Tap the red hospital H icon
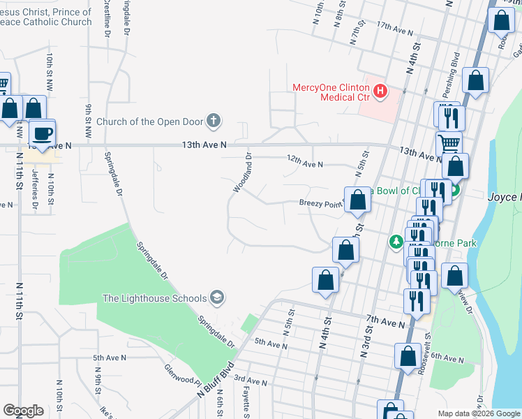(x=380, y=91)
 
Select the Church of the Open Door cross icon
(x=214, y=122)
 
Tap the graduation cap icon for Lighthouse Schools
(x=217, y=298)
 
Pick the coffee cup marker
(x=43, y=133)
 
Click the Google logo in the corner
(x=23, y=411)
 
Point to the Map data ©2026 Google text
(x=478, y=413)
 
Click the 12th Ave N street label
(x=305, y=163)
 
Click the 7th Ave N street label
(x=385, y=321)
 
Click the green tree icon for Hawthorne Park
(x=396, y=242)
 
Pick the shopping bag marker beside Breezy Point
(x=357, y=200)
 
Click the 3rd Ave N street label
(x=251, y=381)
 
